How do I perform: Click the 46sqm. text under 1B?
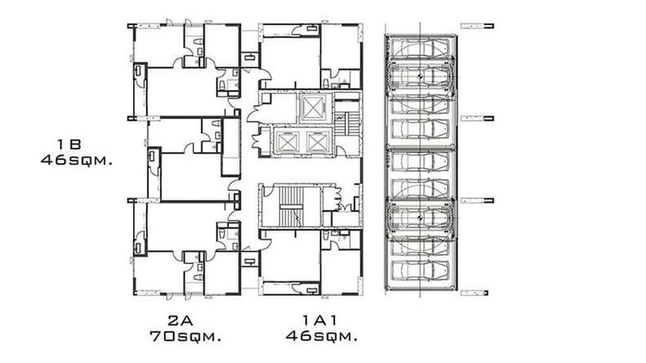77,160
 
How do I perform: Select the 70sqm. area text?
185,336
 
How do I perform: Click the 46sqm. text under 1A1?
322,336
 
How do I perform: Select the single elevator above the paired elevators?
313,107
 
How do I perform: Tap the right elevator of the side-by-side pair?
316,141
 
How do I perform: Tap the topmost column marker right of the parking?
477,26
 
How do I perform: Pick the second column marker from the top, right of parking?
477,118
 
